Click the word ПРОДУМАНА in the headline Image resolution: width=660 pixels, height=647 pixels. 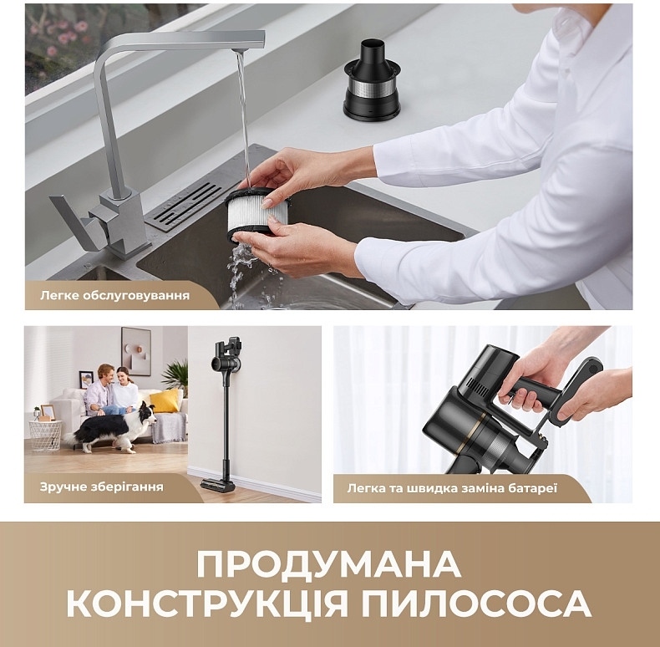tap(328, 565)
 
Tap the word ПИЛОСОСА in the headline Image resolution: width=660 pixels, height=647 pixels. tap(476, 604)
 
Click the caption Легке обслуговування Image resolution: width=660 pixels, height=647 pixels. tap(115, 295)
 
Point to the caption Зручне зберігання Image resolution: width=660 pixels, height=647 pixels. tap(101, 487)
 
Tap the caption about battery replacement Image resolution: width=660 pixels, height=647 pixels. tap(452, 489)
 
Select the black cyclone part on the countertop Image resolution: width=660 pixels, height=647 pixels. tap(371, 79)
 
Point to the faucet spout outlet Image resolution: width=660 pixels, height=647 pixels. tap(239, 50)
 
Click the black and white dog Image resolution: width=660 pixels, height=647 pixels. tap(113, 428)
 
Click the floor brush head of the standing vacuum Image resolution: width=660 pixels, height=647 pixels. tap(217, 485)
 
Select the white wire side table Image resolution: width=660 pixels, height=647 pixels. tap(45, 436)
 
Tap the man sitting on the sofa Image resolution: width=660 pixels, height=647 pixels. tap(100, 390)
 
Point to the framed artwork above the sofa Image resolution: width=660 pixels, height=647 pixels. tap(136, 351)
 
